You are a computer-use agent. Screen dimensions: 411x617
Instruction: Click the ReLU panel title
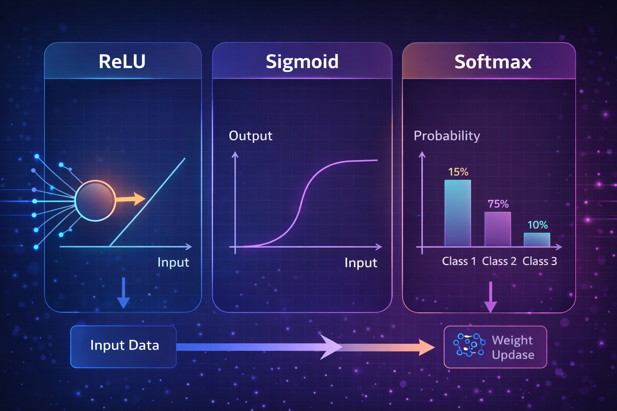pyautogui.click(x=122, y=61)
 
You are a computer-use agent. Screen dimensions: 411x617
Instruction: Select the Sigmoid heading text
pyautogui.click(x=302, y=61)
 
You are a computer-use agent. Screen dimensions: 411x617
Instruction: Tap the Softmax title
pyautogui.click(x=493, y=62)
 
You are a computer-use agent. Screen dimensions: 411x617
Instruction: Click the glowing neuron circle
pyautogui.click(x=95, y=200)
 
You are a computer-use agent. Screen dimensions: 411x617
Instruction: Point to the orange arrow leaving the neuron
pyautogui.click(x=131, y=199)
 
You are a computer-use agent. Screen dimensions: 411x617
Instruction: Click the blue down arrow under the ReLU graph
pyautogui.click(x=123, y=293)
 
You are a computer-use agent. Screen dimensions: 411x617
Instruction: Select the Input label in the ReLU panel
pyautogui.click(x=173, y=262)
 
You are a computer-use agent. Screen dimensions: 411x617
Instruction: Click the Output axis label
pyautogui.click(x=250, y=136)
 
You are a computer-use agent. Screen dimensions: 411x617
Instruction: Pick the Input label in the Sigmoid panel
pyautogui.click(x=361, y=262)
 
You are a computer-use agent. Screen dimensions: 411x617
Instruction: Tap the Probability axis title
pyautogui.click(x=447, y=136)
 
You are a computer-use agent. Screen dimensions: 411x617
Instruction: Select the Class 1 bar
pyautogui.click(x=458, y=213)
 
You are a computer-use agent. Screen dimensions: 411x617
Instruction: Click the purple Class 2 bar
pyautogui.click(x=497, y=229)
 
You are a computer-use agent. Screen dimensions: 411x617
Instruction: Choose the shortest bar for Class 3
pyautogui.click(x=537, y=240)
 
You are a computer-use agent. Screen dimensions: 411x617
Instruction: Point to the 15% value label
pyautogui.click(x=458, y=172)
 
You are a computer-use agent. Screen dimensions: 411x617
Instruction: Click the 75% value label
pyautogui.click(x=498, y=204)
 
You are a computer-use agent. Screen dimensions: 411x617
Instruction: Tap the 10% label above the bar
pyautogui.click(x=537, y=225)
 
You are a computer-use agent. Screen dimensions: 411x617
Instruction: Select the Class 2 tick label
pyautogui.click(x=499, y=261)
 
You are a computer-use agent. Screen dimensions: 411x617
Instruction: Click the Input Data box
pyautogui.click(x=124, y=346)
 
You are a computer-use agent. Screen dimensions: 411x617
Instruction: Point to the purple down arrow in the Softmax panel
pyautogui.click(x=490, y=297)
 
